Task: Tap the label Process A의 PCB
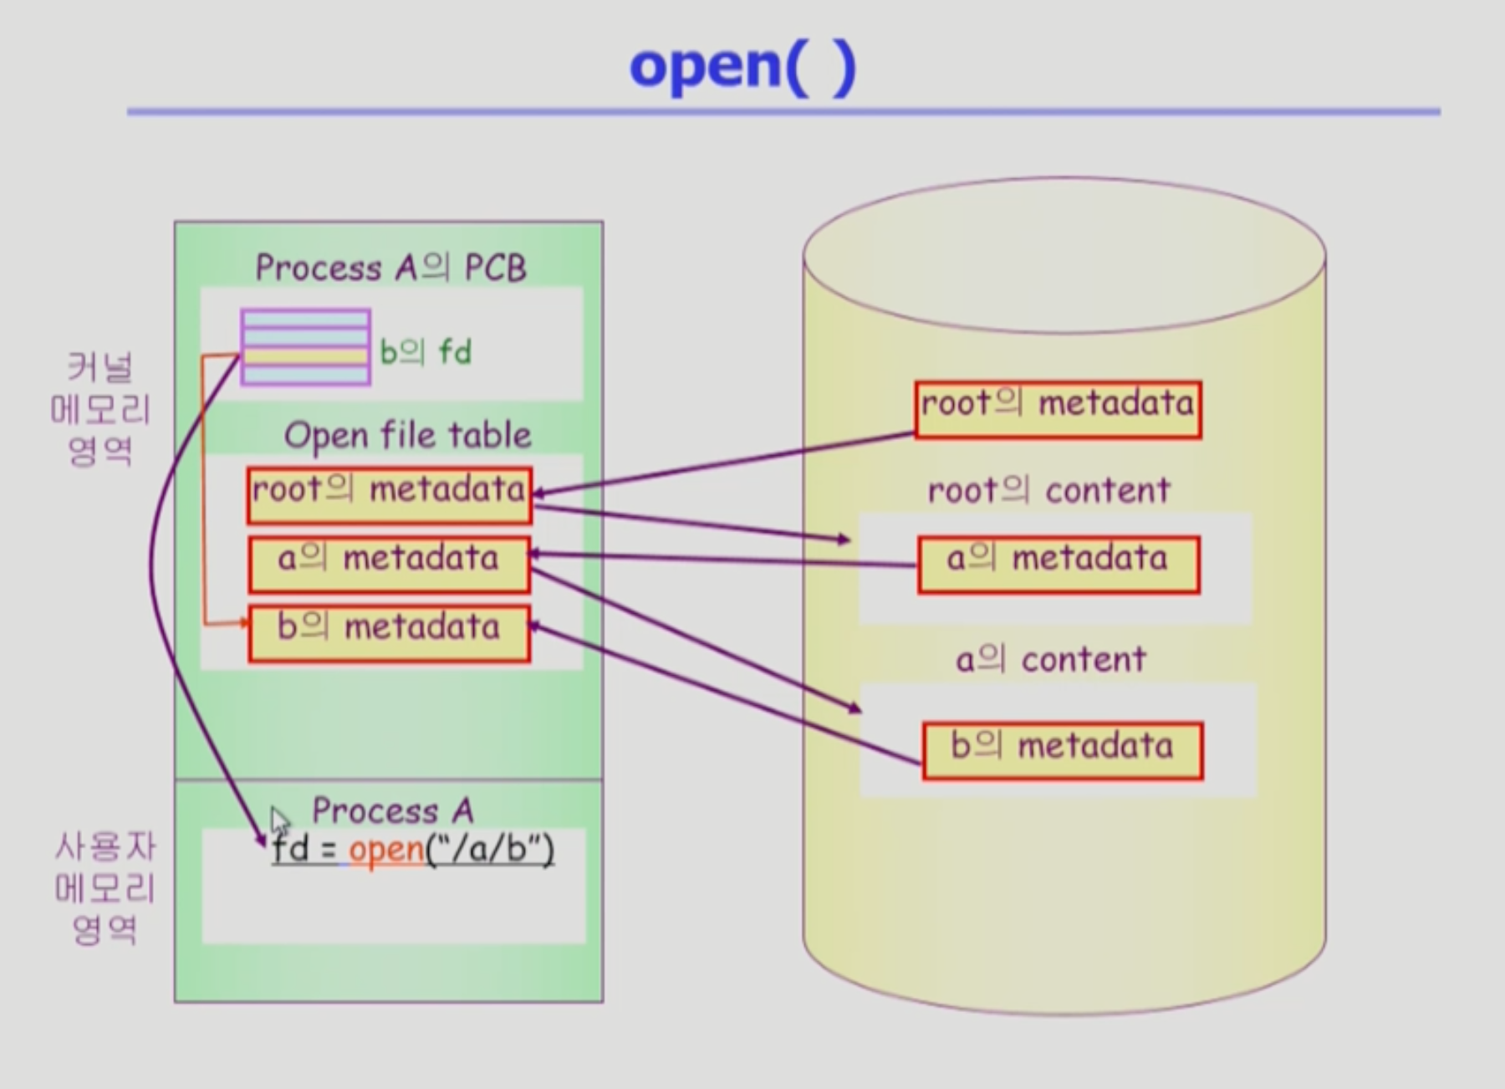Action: click(x=390, y=268)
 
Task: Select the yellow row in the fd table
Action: click(x=305, y=356)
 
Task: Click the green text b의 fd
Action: click(x=425, y=352)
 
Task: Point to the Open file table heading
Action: click(x=407, y=436)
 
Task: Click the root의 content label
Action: click(x=1048, y=491)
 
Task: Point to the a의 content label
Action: click(x=1051, y=660)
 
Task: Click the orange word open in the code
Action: click(x=386, y=851)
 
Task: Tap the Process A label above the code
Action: click(x=392, y=810)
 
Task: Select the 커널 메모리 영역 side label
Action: click(x=100, y=409)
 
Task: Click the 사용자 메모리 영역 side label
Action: click(x=105, y=887)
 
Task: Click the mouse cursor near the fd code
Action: click(x=278, y=820)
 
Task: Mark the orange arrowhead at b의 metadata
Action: click(x=243, y=622)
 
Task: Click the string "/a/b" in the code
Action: click(x=490, y=851)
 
